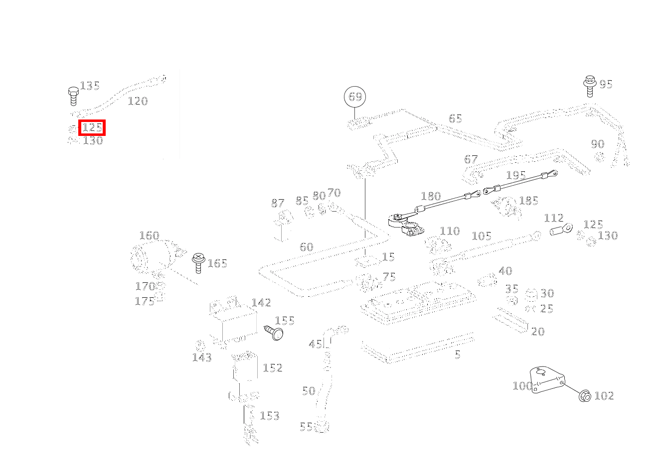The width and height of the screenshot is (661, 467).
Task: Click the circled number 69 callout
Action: click(355, 97)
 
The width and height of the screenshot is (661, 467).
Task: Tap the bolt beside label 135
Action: click(73, 95)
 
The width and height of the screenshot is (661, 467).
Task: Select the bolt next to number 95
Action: click(590, 86)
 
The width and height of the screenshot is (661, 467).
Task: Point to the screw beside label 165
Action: click(198, 262)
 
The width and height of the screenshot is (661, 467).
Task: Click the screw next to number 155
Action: click(274, 332)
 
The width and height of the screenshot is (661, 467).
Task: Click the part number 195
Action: click(515, 175)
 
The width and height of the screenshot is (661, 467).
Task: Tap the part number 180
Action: click(431, 196)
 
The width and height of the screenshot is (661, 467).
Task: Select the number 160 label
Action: click(149, 235)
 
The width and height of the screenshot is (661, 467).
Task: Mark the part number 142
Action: click(261, 303)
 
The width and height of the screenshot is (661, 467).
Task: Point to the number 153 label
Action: click(269, 416)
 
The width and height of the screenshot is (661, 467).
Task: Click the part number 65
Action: click(455, 118)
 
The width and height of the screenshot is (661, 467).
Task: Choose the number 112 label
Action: click(553, 218)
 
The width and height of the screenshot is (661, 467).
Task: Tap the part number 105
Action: click(481, 236)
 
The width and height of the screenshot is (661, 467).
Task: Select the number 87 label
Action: click(278, 203)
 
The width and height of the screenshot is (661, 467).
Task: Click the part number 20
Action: click(538, 332)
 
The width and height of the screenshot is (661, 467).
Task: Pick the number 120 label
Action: click(138, 101)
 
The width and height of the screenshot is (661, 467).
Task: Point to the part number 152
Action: click(273, 368)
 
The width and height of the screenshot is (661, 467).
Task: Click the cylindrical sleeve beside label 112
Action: click(557, 231)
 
